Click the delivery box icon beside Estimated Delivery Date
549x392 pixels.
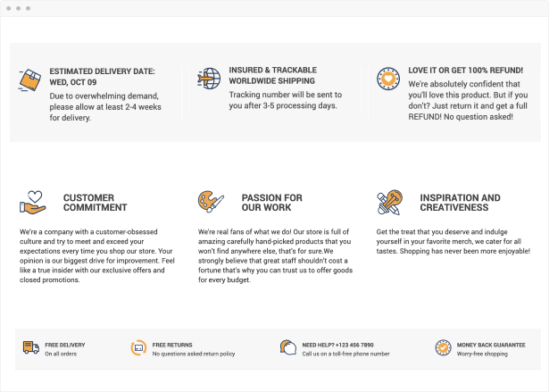pos(29,80)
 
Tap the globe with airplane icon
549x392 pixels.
pos(209,79)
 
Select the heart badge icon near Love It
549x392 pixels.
pos(387,78)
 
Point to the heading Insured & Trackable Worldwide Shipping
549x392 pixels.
pos(272,75)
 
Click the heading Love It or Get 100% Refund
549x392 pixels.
pos(465,70)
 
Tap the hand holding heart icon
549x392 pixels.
pos(32,202)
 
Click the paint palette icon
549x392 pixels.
pos(211,202)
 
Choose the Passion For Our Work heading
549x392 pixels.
pos(271,202)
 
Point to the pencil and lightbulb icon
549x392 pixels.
pos(389,202)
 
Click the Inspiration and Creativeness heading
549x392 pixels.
pos(460,202)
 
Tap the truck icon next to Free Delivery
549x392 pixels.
pos(31,347)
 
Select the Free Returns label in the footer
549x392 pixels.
pos(172,344)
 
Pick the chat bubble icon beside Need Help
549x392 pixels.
pos(287,347)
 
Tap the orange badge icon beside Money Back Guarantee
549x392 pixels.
pos(443,347)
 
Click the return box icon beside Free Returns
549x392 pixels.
pos(138,347)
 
